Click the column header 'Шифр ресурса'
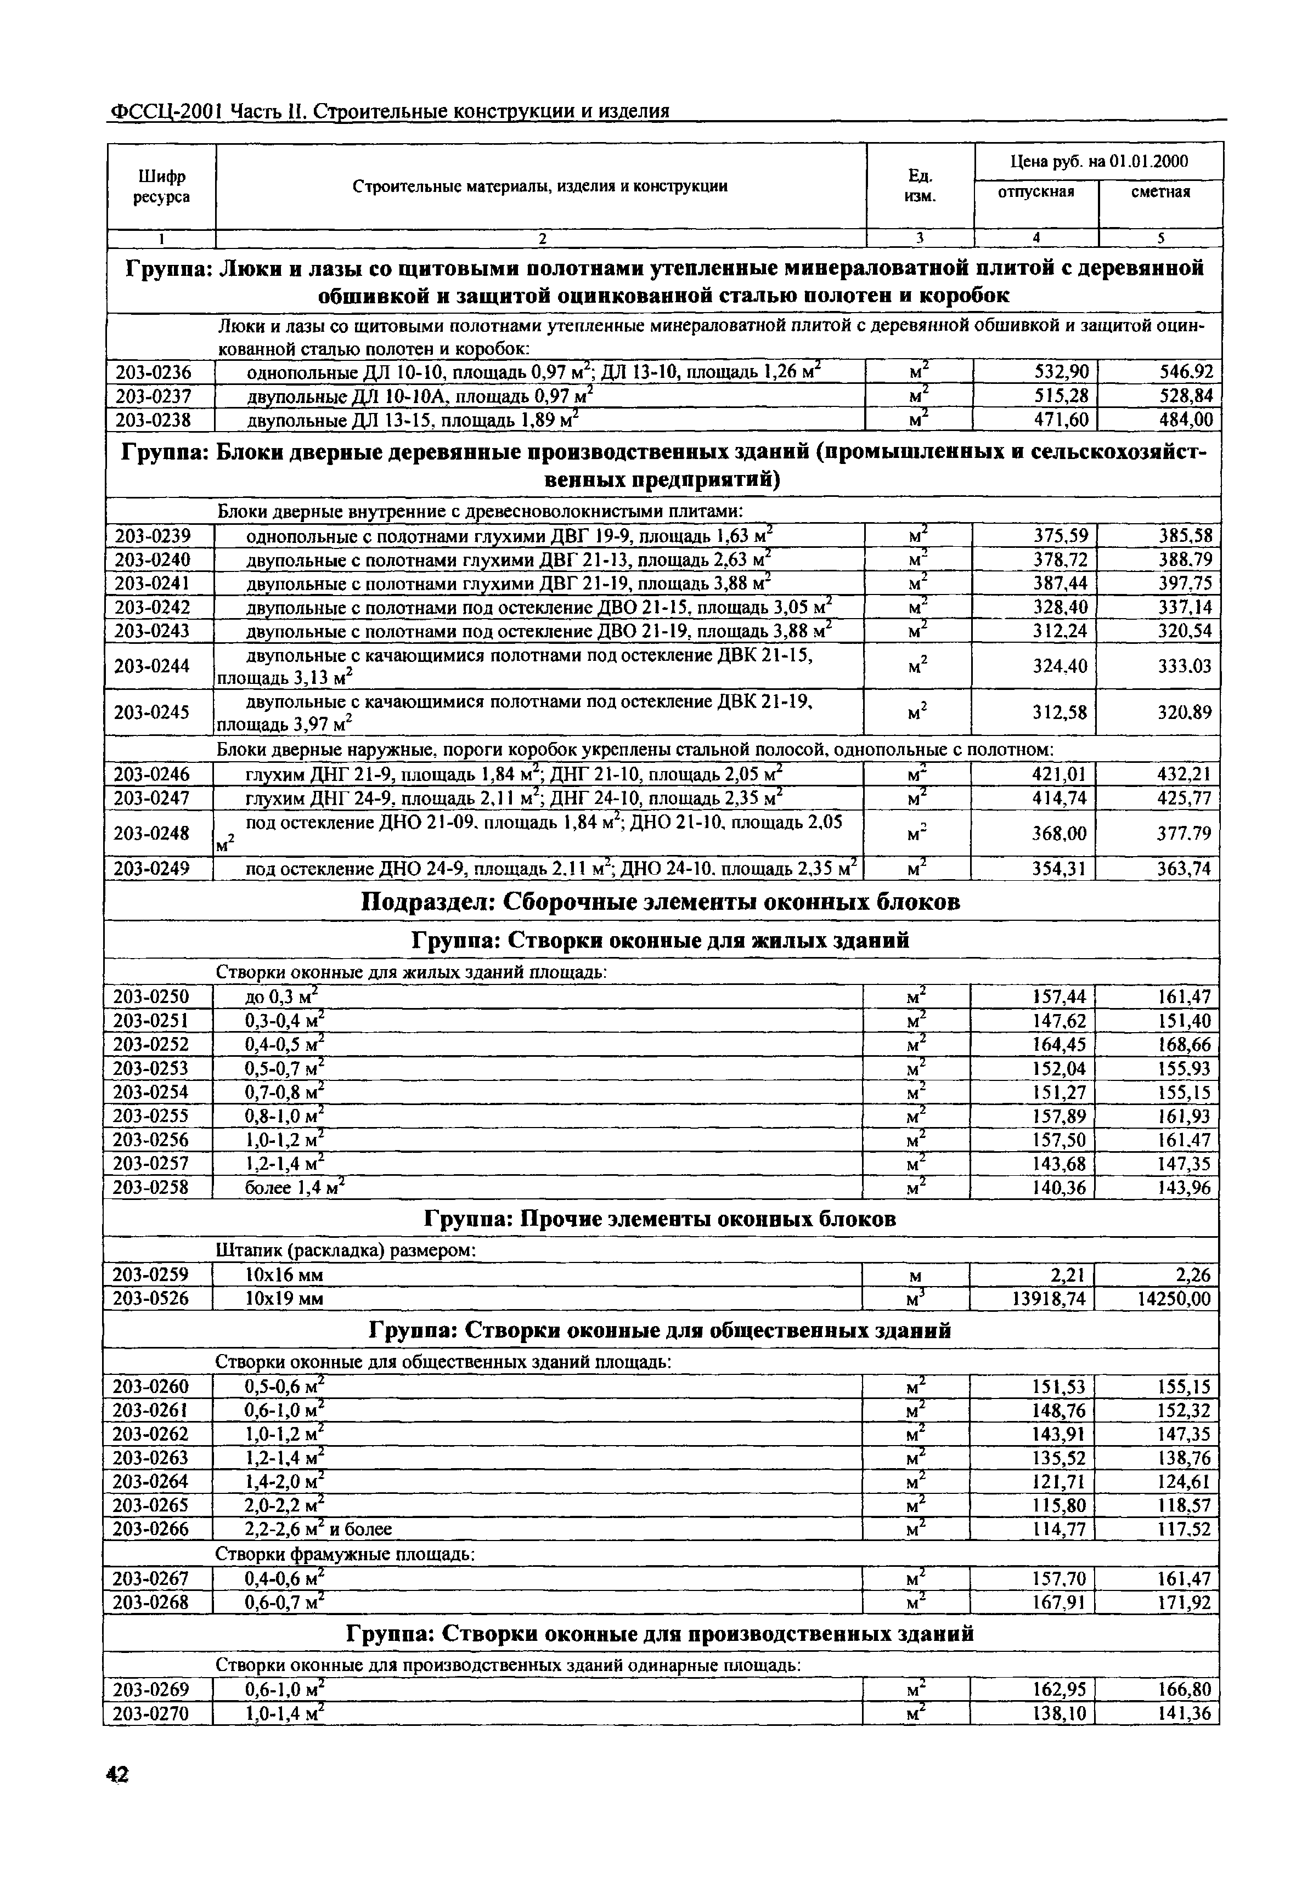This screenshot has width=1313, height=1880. click(161, 186)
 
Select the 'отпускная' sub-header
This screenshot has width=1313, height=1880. click(1035, 191)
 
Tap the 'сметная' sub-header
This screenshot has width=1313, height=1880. click(1160, 191)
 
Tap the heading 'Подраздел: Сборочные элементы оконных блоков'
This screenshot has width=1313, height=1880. click(660, 902)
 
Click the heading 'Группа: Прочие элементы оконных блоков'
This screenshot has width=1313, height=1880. click(660, 1219)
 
